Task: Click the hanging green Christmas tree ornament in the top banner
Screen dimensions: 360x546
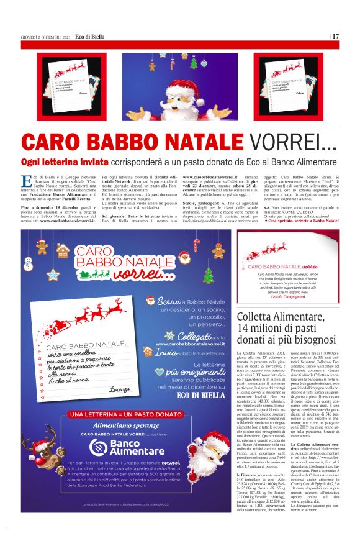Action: pyautogui.click(x=194, y=62)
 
